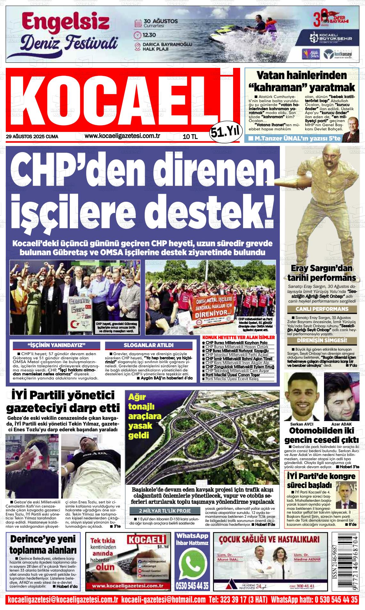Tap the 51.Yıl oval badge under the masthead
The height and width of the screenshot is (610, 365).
point(226,131)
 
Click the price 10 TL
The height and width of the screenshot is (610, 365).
point(190,137)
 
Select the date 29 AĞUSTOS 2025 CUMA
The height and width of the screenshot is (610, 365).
point(32,137)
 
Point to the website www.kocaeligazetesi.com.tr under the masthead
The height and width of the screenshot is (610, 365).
point(122,136)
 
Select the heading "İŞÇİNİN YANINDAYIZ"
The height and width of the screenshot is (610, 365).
point(56,345)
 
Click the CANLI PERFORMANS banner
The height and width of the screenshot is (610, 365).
point(322,309)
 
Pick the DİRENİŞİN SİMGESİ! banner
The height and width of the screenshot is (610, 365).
point(322,340)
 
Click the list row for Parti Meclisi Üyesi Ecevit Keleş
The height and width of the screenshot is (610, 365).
point(239,379)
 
